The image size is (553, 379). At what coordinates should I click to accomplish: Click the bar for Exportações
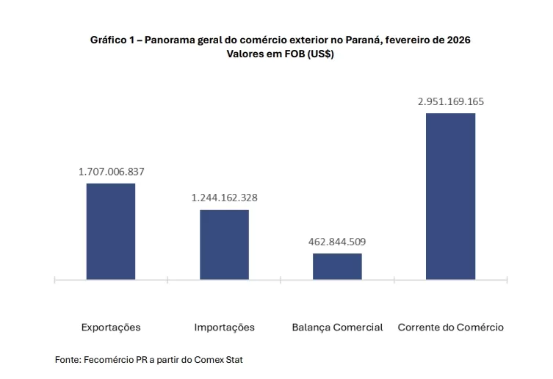click(111, 231)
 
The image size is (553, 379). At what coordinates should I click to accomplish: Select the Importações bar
click(224, 244)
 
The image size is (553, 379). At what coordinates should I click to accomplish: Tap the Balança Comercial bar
click(337, 266)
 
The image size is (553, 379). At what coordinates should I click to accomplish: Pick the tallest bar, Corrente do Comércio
click(450, 195)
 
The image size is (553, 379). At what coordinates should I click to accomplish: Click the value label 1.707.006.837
click(112, 172)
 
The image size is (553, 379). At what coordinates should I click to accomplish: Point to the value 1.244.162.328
click(225, 198)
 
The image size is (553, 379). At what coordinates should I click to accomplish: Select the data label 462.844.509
click(338, 242)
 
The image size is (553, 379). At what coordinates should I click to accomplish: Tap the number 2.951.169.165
click(451, 101)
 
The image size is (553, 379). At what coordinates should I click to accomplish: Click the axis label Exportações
click(111, 327)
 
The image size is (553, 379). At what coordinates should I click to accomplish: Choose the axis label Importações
click(224, 327)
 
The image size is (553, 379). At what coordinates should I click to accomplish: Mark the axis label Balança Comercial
click(337, 327)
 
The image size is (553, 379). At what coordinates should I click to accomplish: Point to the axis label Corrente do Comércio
click(451, 327)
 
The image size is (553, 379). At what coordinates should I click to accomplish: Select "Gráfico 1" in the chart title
click(112, 40)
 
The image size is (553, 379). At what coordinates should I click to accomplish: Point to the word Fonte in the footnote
click(67, 360)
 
